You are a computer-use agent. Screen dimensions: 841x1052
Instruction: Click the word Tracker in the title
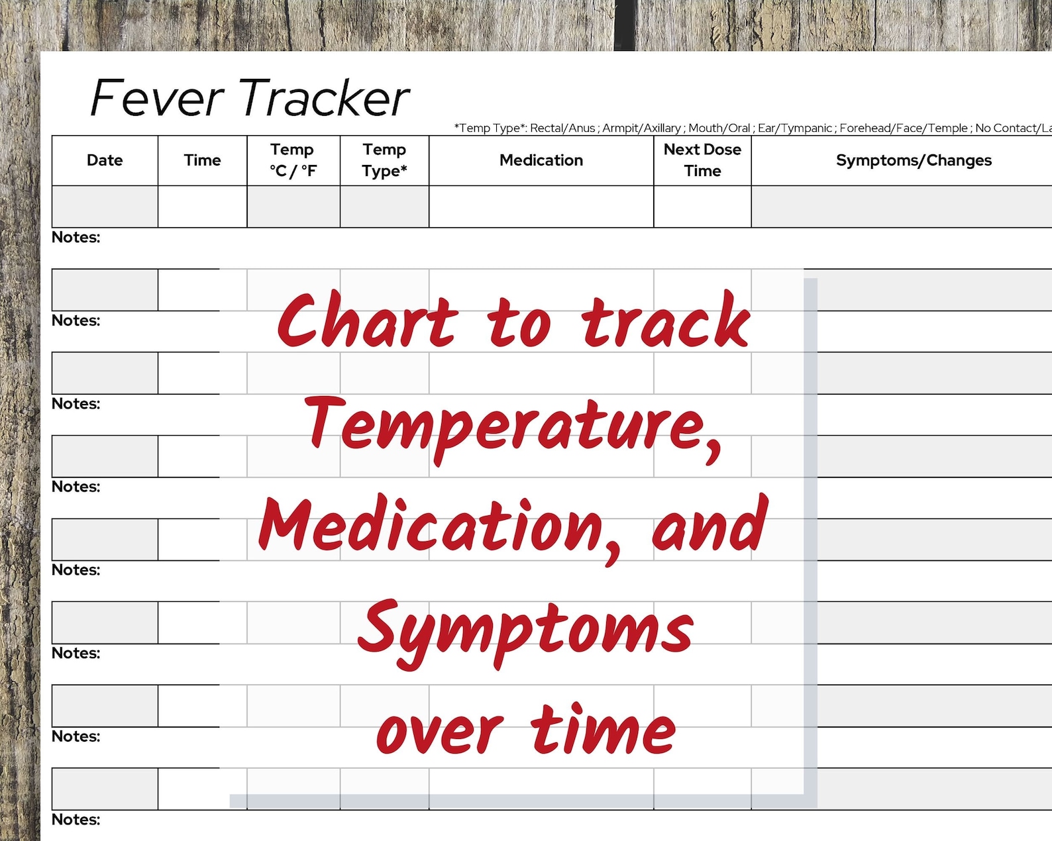325,98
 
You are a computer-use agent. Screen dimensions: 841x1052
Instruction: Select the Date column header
105,160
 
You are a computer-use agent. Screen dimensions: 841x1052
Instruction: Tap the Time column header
202,160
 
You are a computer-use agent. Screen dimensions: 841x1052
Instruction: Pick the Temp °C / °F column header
293,160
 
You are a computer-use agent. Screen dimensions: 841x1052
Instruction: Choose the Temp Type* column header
384,160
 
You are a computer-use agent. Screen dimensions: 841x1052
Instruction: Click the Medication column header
541,160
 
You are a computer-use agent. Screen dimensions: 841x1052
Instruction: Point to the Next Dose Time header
702,160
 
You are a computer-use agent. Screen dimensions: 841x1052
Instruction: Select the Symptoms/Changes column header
914,160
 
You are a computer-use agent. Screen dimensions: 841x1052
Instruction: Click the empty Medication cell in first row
541,207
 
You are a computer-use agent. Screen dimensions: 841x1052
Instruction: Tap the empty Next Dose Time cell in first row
702,207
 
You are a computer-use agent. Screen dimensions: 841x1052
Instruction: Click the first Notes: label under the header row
76,238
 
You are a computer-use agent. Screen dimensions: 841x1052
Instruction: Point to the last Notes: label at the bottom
76,820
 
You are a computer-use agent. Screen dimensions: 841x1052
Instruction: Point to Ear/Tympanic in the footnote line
794,128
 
